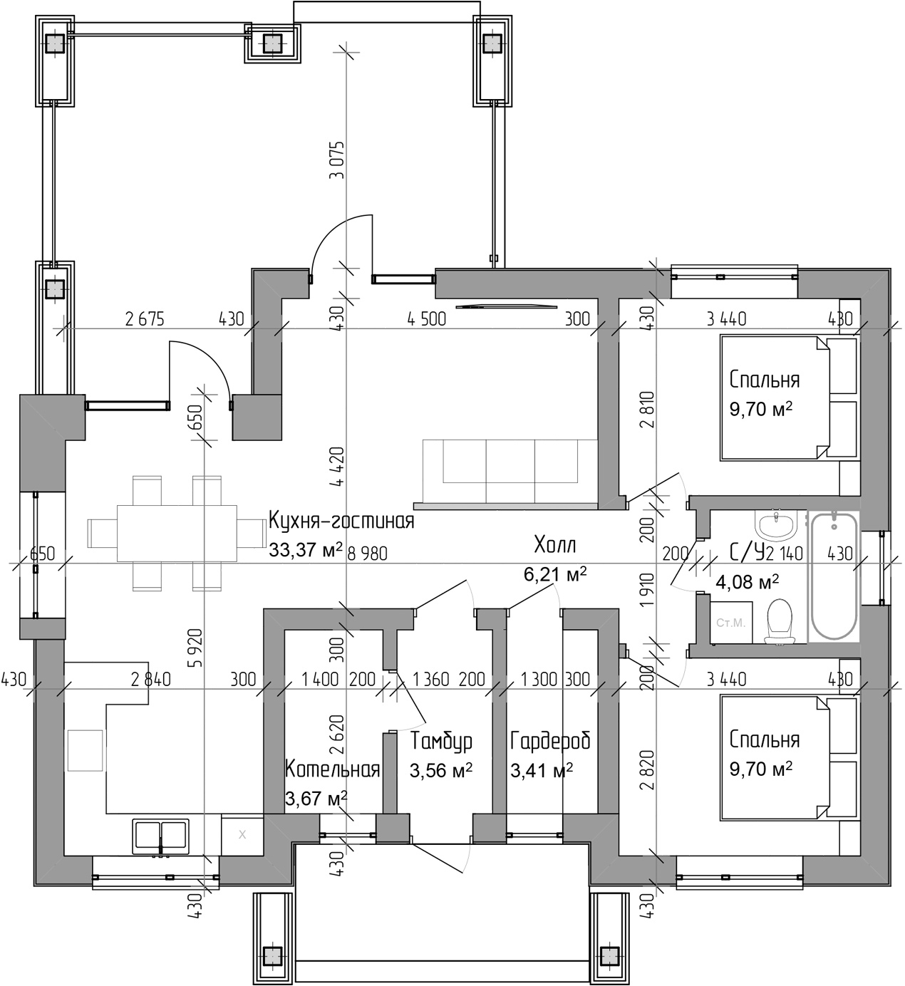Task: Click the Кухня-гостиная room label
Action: [341, 521]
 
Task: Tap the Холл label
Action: [555, 546]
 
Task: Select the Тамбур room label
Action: [441, 742]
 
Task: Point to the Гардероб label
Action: [550, 742]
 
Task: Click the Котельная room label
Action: [331, 769]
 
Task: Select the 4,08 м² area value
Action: [747, 582]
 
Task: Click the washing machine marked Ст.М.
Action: [730, 622]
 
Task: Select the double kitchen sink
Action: [161, 836]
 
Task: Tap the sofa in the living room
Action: [510, 472]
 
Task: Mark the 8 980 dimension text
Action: [368, 553]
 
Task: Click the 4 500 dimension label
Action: [426, 319]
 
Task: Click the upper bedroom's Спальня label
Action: [764, 380]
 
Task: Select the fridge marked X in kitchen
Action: [242, 834]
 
